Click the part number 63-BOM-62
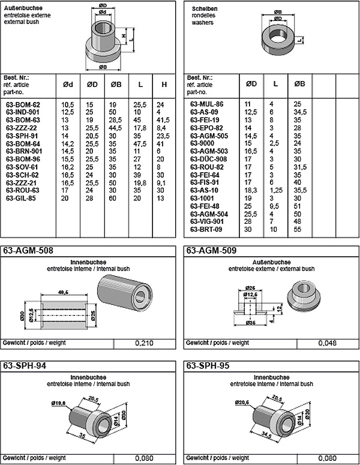pos(23,104)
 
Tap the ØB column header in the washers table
pos(299,85)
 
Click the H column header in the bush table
pos(164,85)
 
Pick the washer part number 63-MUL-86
pos(206,104)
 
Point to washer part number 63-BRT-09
pos(206,229)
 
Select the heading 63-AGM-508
pos(26,251)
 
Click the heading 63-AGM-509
pos(210,251)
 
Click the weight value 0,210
pos(144,343)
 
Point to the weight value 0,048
pos(328,343)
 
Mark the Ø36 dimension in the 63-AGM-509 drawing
pos(250,322)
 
